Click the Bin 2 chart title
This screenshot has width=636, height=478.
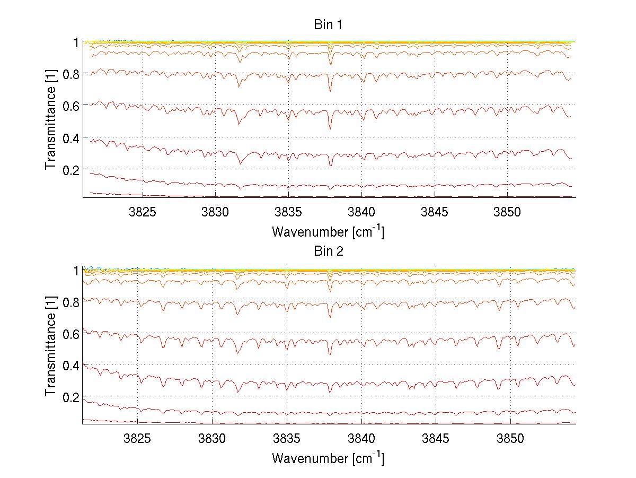pos(329,251)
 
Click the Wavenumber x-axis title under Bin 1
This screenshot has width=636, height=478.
pos(328,231)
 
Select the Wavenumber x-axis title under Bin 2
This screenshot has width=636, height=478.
pos(328,458)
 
